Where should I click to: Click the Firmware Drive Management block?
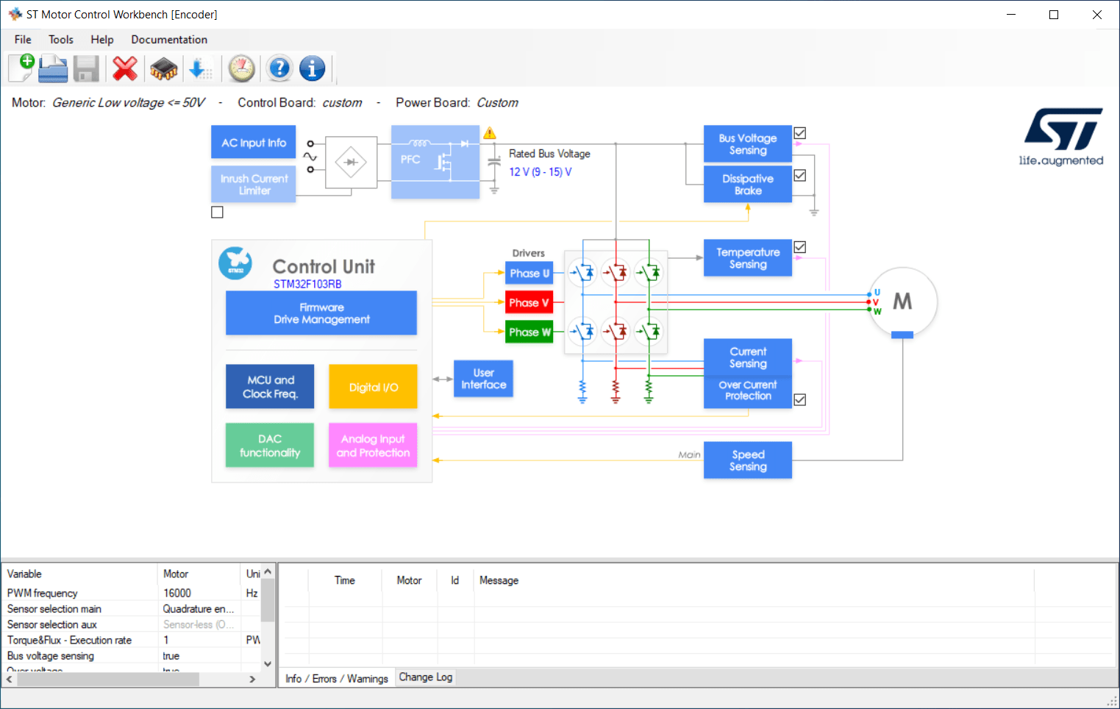pos(321,313)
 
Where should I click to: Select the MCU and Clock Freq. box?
pos(270,387)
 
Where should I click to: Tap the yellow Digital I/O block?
pos(373,387)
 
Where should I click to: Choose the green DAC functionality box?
pos(270,446)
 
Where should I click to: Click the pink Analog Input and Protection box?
pos(373,446)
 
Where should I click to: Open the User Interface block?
pos(483,379)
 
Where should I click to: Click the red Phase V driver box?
pos(529,302)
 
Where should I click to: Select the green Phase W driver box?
pos(529,332)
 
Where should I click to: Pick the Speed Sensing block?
pos(747,460)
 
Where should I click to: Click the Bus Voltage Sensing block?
pos(747,144)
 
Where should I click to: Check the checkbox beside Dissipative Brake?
pos(800,176)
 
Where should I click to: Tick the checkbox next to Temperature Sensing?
pos(800,247)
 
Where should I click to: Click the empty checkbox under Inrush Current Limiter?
pos(217,213)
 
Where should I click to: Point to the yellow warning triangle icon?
pos(490,133)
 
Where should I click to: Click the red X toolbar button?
pos(125,69)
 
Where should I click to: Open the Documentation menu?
pos(169,40)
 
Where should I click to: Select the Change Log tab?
pos(425,677)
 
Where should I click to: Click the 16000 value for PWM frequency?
pos(177,593)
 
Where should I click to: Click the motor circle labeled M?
pos(902,302)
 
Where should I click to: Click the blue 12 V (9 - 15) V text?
pos(540,172)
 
